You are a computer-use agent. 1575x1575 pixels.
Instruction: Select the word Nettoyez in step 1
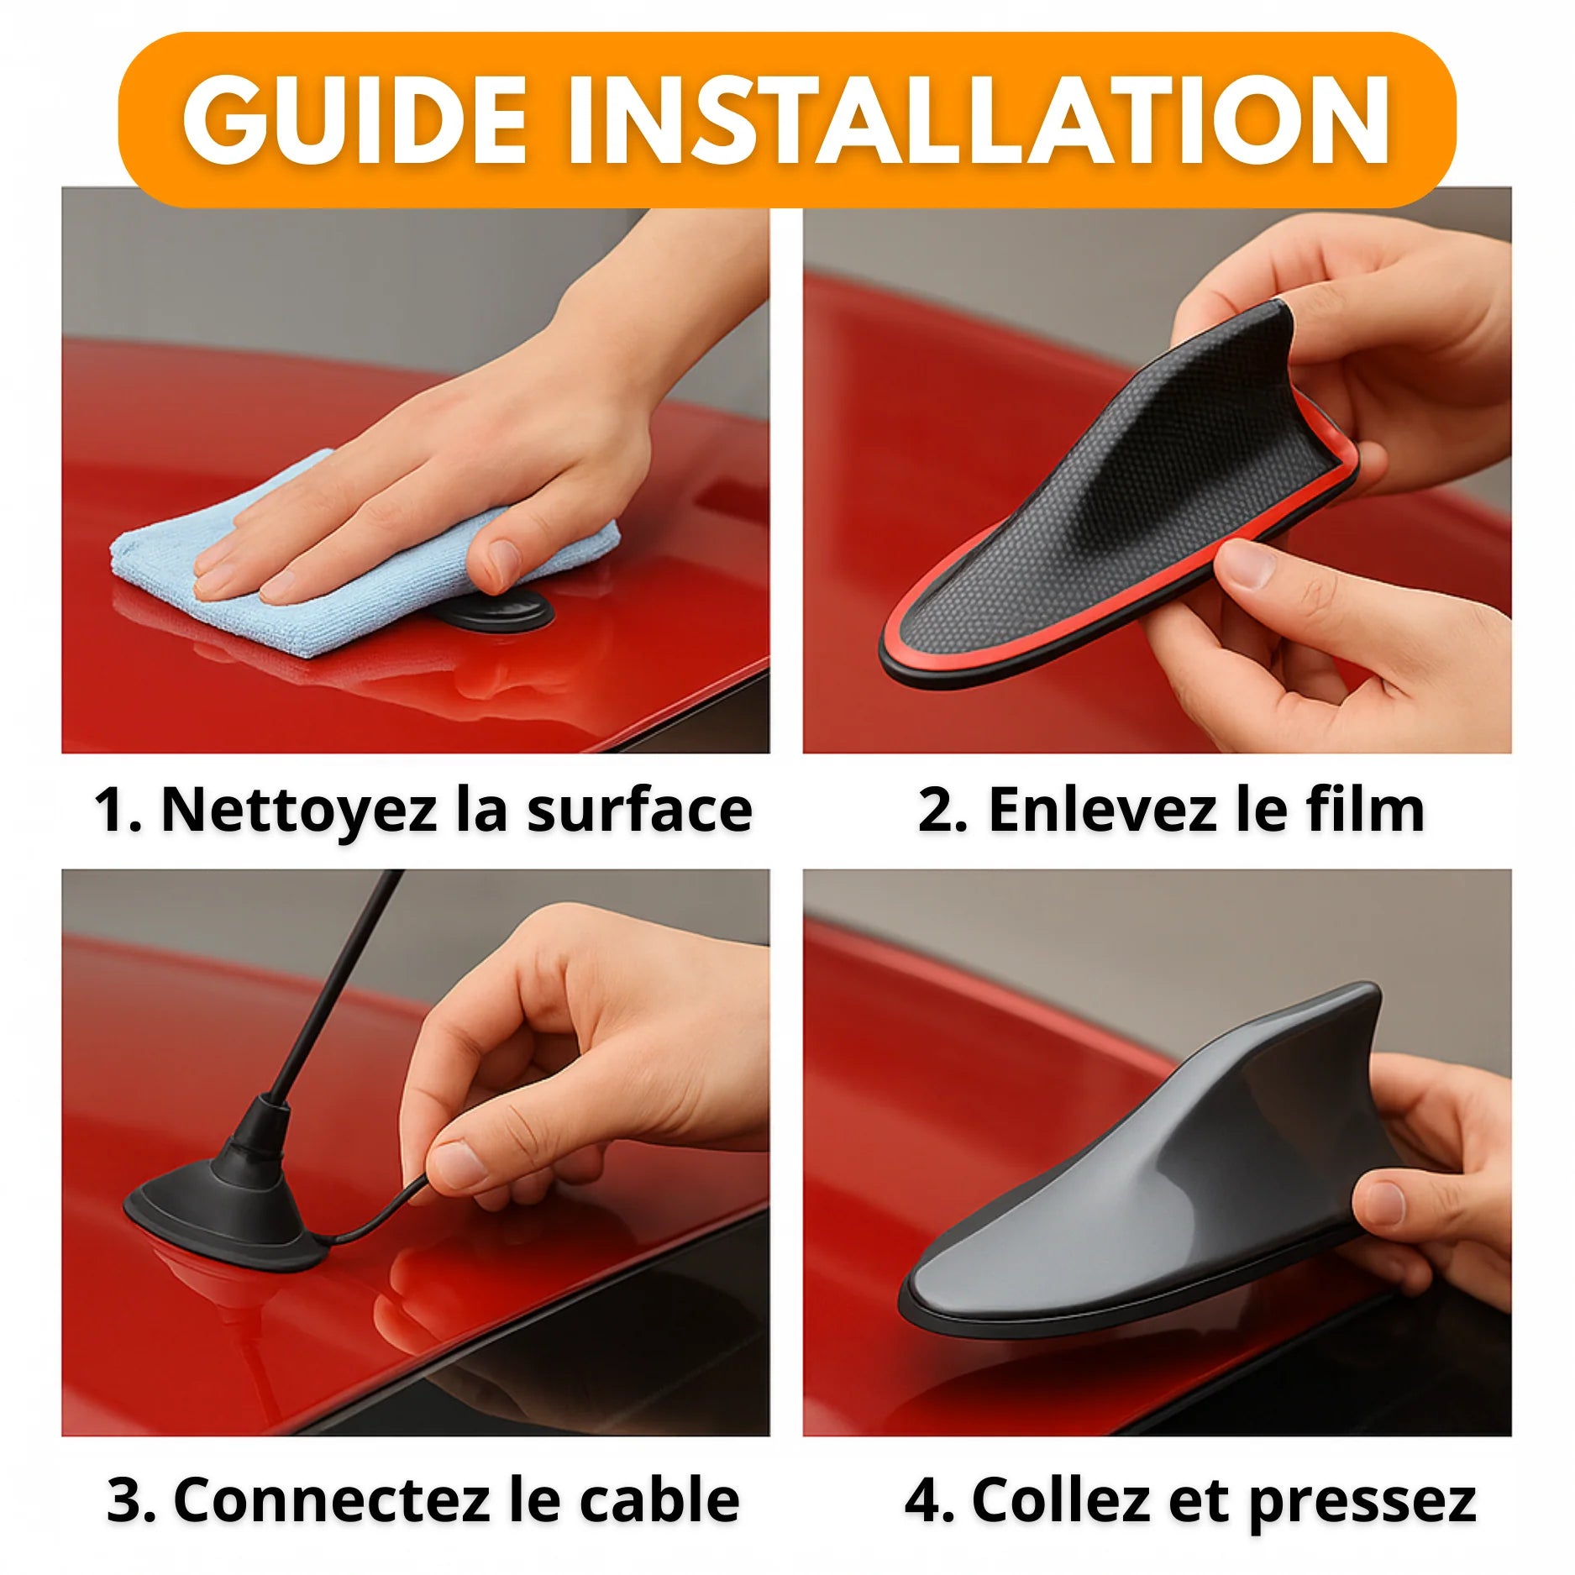click(x=298, y=811)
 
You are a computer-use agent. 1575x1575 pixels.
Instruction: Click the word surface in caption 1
click(x=638, y=811)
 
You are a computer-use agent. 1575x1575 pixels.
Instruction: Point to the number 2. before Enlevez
click(x=941, y=811)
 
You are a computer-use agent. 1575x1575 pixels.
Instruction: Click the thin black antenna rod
click(x=336, y=983)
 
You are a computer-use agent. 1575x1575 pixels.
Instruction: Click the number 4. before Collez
click(x=928, y=1500)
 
